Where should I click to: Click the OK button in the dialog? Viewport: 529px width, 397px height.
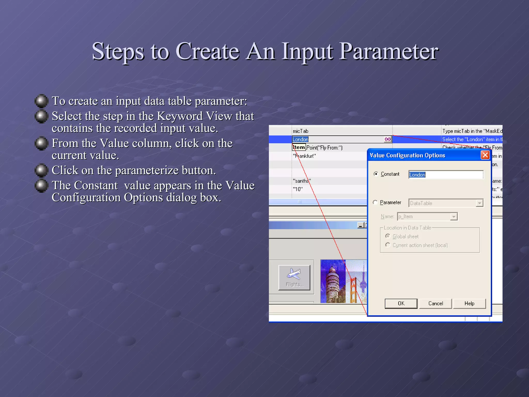point(401,303)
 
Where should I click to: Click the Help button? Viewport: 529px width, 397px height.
point(469,303)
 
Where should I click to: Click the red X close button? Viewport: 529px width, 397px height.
point(485,155)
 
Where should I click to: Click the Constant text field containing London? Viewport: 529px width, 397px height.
point(445,175)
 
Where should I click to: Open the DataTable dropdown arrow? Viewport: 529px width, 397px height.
point(479,203)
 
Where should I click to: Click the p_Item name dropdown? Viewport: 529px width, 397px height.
point(427,217)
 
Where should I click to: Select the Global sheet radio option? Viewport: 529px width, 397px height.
point(387,236)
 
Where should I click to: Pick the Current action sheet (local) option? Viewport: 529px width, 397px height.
point(387,245)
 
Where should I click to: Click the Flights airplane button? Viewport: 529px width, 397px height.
point(294,277)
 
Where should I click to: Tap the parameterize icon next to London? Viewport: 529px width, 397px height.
point(387,139)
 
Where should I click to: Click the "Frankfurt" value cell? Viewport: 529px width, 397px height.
point(304,156)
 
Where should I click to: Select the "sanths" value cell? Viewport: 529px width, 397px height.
point(302,181)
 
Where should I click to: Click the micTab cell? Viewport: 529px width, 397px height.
point(301,131)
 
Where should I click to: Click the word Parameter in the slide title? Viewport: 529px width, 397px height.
point(388,51)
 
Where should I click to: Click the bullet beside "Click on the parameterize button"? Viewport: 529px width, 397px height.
point(41,171)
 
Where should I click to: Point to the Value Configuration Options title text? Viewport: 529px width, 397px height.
point(407,155)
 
